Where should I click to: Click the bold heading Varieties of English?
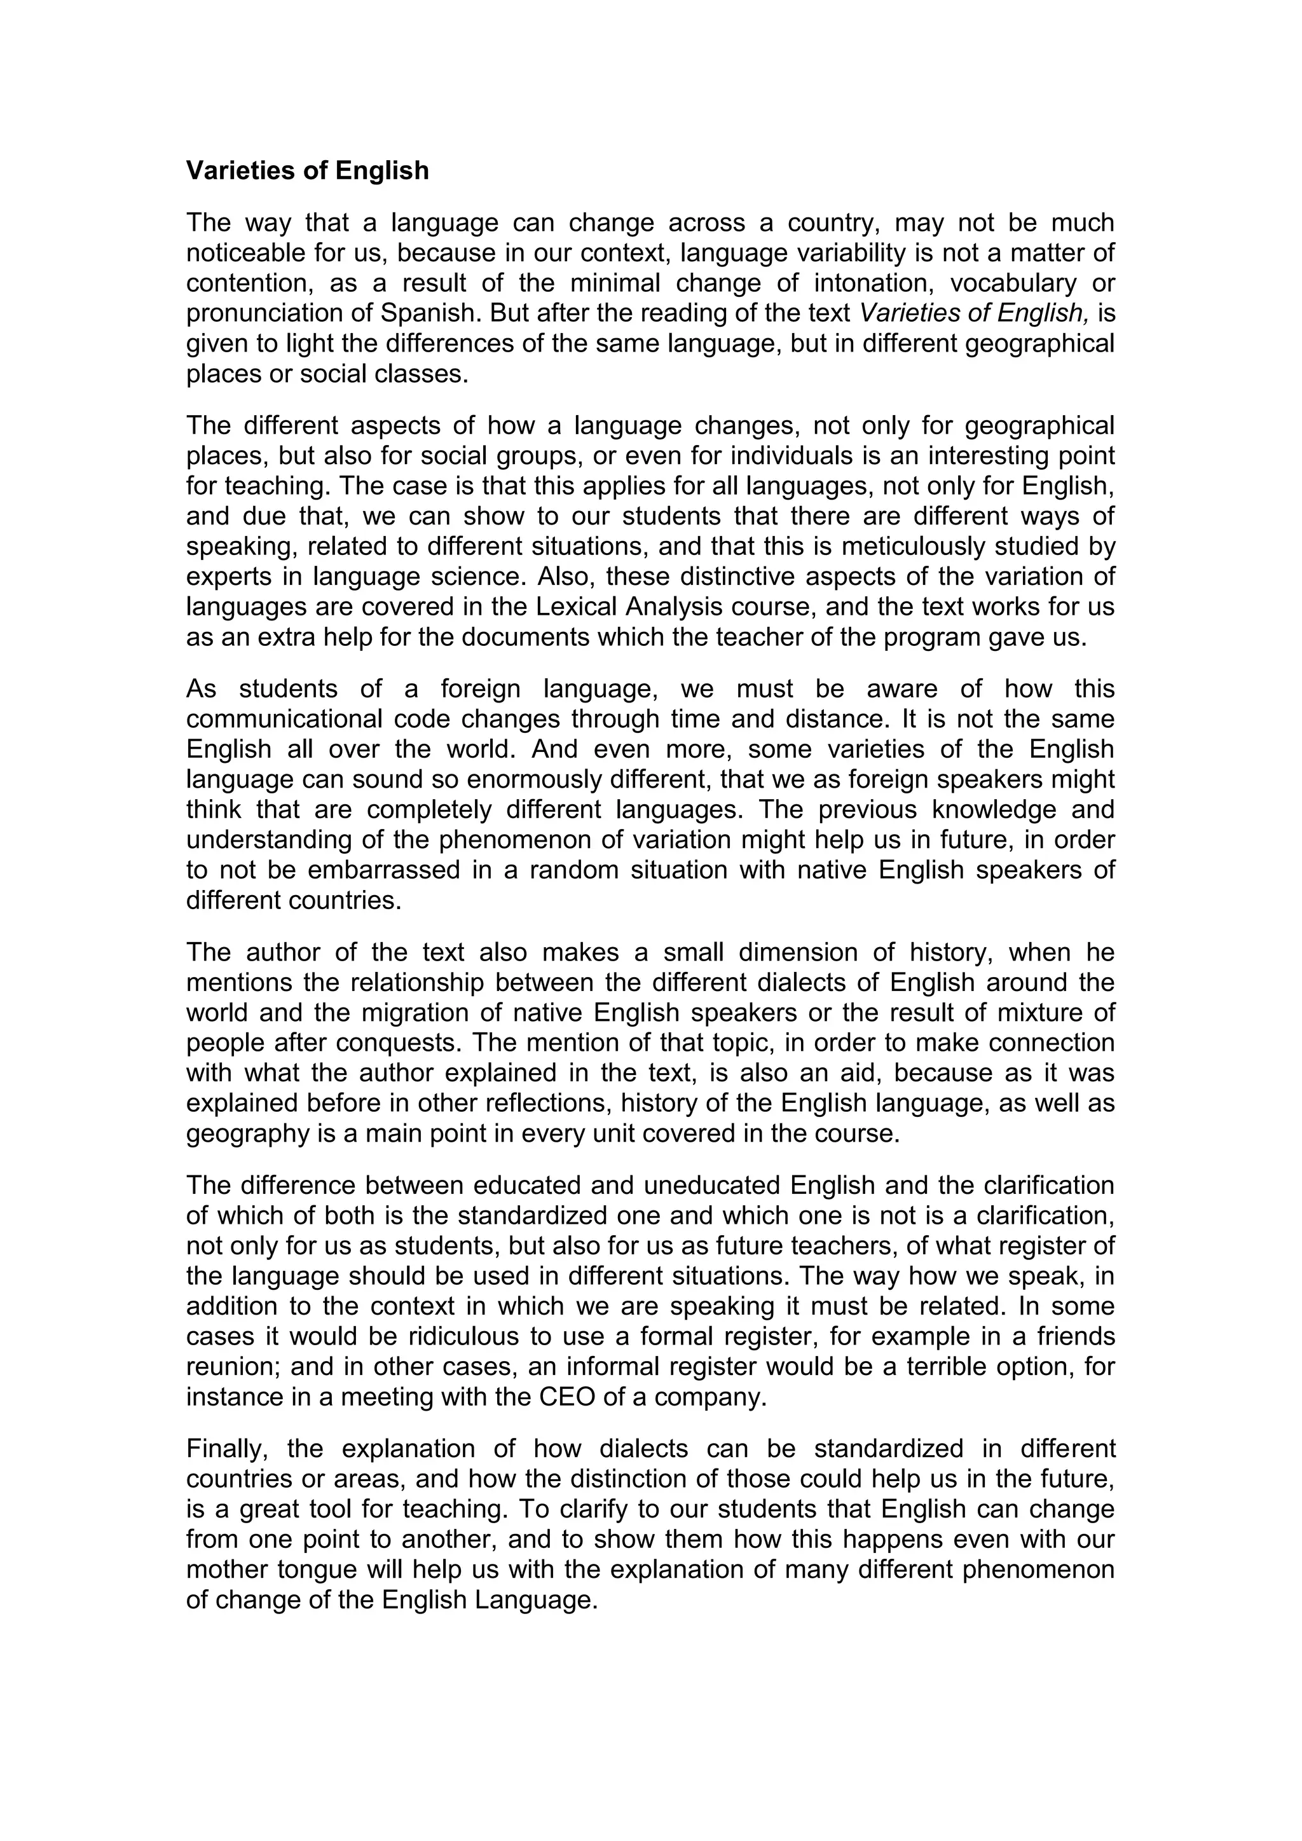coord(307,171)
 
